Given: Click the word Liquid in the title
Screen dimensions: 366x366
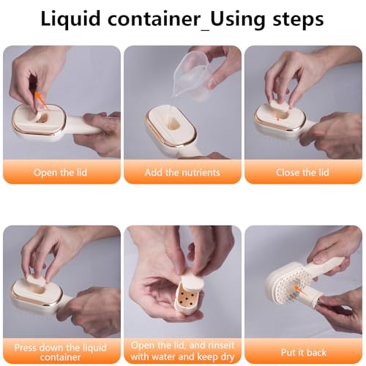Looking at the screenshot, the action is pyautogui.click(x=70, y=18).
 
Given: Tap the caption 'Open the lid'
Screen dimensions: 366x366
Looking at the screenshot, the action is pyautogui.click(x=60, y=173).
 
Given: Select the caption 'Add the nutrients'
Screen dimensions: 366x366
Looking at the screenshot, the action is pyautogui.click(x=182, y=173).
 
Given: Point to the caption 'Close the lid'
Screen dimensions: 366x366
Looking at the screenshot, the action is pyautogui.click(x=302, y=173).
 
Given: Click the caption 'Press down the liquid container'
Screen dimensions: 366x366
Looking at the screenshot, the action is pyautogui.click(x=60, y=352).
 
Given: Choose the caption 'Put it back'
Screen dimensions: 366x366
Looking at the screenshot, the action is pyautogui.click(x=304, y=352).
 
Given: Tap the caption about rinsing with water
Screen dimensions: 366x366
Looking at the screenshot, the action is pyautogui.click(x=182, y=351).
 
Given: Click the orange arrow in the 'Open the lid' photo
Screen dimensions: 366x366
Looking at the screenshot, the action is pyautogui.click(x=41, y=100).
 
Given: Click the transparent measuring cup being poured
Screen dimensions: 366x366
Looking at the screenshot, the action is pyautogui.click(x=193, y=76).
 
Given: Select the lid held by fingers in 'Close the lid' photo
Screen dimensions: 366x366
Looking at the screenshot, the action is pyautogui.click(x=280, y=105).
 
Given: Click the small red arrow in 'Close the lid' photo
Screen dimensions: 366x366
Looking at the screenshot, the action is pyautogui.click(x=277, y=119).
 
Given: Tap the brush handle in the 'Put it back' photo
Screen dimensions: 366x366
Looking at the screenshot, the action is pyautogui.click(x=327, y=268).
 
